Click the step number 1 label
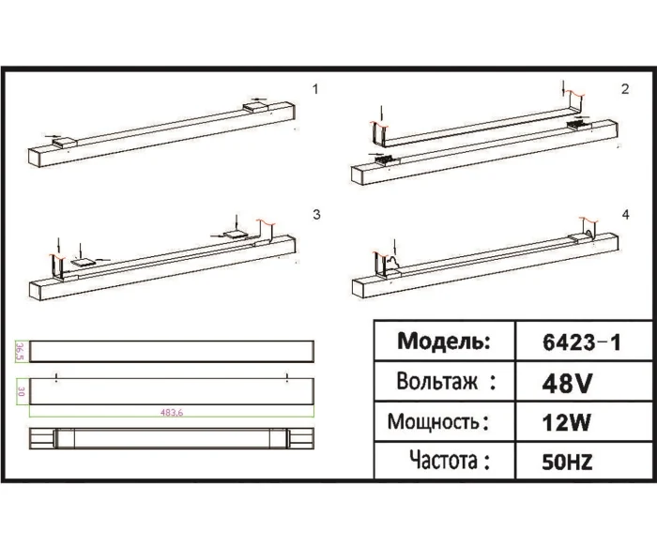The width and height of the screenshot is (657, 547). click(316, 89)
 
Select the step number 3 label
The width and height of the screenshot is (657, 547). click(316, 215)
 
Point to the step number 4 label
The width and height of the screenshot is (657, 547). click(625, 215)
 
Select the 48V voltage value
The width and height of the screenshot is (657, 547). click(567, 383)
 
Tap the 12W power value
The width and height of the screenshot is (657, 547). click(566, 422)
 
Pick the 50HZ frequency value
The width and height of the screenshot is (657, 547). click(567, 462)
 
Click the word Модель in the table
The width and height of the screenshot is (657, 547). click(444, 342)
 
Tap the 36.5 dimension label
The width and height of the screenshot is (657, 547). click(19, 351)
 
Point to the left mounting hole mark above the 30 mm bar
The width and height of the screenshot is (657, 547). click(57, 377)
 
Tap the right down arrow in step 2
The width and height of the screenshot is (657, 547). click(563, 90)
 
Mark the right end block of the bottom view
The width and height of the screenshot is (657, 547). click(300, 439)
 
